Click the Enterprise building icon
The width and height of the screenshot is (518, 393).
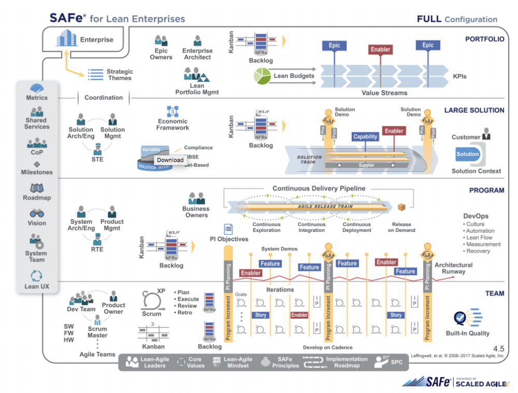[66, 39]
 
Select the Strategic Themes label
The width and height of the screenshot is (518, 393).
[120, 75]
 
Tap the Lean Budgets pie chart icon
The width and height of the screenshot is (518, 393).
[263, 76]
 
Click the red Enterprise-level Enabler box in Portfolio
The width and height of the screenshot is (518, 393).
[381, 50]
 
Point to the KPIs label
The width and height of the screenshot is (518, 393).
[459, 76]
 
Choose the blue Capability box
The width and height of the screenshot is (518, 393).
[365, 137]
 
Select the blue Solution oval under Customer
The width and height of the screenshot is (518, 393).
[468, 154]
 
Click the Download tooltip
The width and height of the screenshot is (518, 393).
[170, 159]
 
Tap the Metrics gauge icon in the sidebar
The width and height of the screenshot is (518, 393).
[37, 88]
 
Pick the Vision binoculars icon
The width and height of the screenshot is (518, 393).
[37, 213]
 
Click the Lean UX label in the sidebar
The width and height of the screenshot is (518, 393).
[37, 286]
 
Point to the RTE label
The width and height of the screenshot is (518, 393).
[97, 249]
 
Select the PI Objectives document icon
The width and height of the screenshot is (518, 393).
[228, 229]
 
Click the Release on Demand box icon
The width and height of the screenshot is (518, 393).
[401, 207]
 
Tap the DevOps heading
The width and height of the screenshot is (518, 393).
[476, 216]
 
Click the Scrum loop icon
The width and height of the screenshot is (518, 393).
[151, 300]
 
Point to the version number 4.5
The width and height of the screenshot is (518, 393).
[499, 349]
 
